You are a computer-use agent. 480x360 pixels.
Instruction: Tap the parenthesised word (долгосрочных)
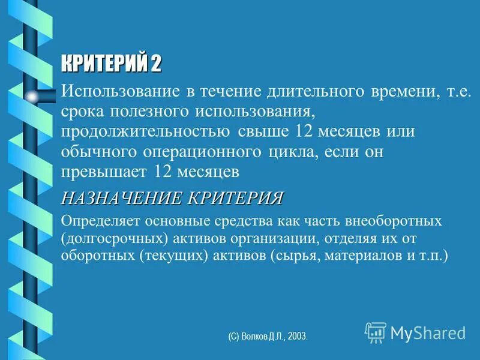pyautogui.click(x=113, y=238)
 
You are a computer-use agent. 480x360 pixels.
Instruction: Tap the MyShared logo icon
pyautogui.click(x=375, y=332)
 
